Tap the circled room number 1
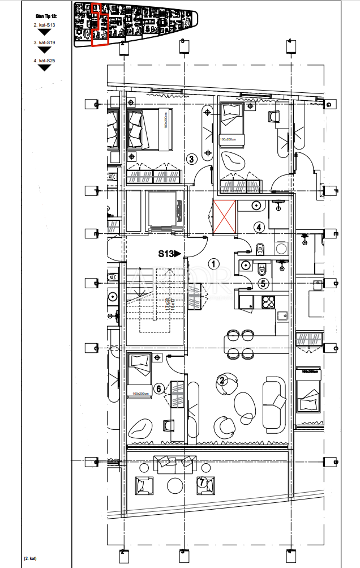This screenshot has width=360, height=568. pyautogui.click(x=213, y=263)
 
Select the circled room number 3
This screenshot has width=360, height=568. pyautogui.click(x=191, y=159)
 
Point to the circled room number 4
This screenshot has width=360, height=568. pyautogui.click(x=259, y=227)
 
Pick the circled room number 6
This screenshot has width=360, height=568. pyautogui.click(x=158, y=388)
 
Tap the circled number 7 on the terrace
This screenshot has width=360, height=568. pyautogui.click(x=203, y=482)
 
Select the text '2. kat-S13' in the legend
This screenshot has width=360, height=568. pyautogui.click(x=44, y=25)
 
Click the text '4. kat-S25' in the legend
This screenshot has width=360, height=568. pyautogui.click(x=44, y=60)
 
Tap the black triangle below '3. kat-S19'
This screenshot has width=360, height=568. pyautogui.click(x=44, y=51)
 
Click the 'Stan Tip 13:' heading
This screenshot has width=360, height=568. pyautogui.click(x=45, y=17)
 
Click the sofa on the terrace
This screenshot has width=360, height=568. pyautogui.click(x=167, y=462)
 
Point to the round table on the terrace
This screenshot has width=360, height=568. pyautogui.click(x=174, y=485)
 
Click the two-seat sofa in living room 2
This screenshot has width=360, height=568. pyautogui.click(x=275, y=404)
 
